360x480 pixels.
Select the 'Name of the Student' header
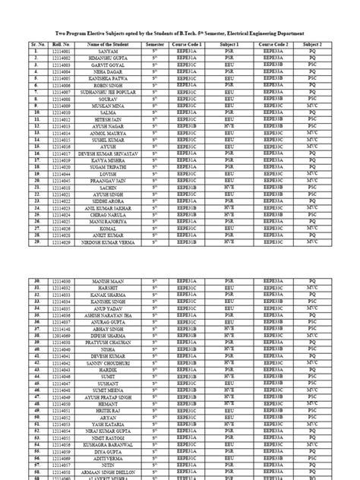(x=111, y=45)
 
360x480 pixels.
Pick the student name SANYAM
(x=111, y=52)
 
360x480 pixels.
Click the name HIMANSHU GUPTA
(x=111, y=58)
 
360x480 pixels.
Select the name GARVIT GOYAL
(x=111, y=65)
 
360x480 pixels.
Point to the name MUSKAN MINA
(x=111, y=106)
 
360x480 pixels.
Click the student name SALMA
(x=111, y=112)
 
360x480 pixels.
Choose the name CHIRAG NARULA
(x=111, y=214)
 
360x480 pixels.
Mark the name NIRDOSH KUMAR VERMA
(x=111, y=242)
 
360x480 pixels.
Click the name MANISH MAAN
(x=111, y=282)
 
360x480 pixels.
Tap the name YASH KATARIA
(x=111, y=422)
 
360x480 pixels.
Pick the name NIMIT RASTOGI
(x=111, y=436)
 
